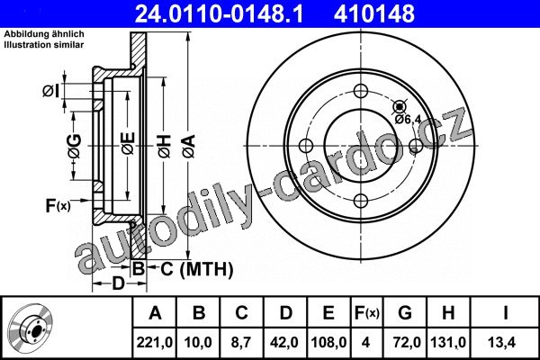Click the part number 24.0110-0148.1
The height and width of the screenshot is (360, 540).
219,13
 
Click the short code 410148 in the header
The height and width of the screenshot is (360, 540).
374,13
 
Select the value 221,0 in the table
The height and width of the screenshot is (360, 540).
155,342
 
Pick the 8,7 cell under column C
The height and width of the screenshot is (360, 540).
241,342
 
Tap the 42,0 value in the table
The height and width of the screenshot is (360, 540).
284,342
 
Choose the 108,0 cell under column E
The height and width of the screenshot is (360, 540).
328,342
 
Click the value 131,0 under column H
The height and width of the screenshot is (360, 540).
448,342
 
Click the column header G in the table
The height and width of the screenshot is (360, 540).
405,313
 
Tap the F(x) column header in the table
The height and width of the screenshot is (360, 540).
367,313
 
